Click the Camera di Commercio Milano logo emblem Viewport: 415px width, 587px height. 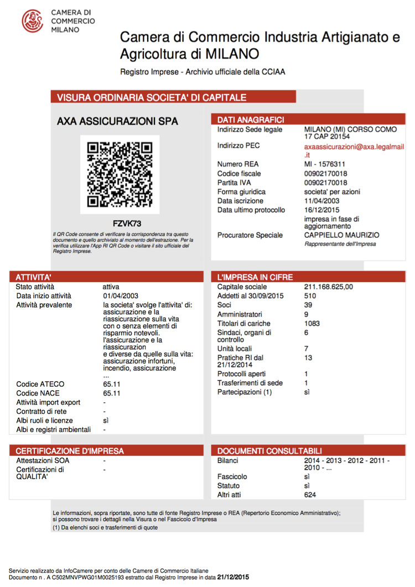tap(32, 20)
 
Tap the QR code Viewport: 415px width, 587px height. tap(120, 174)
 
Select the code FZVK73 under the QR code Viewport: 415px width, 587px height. tap(127, 224)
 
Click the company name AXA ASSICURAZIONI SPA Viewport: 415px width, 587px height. tap(118, 121)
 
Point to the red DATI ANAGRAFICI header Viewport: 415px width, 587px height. tap(251, 120)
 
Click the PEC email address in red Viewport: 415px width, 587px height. tap(350, 151)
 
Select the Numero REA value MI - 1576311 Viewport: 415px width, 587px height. tap(325, 164)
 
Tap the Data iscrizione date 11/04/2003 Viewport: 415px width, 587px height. tap(321, 201)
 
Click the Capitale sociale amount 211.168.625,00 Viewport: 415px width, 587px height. tap(329, 287)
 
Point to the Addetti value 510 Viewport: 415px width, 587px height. tap(310, 296)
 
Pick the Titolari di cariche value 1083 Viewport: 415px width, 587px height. tap(313, 323)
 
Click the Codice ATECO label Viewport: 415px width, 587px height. tap(40, 384)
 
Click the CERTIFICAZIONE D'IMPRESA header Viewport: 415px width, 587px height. tap(70, 451)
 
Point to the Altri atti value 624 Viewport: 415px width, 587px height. tap(310, 495)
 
